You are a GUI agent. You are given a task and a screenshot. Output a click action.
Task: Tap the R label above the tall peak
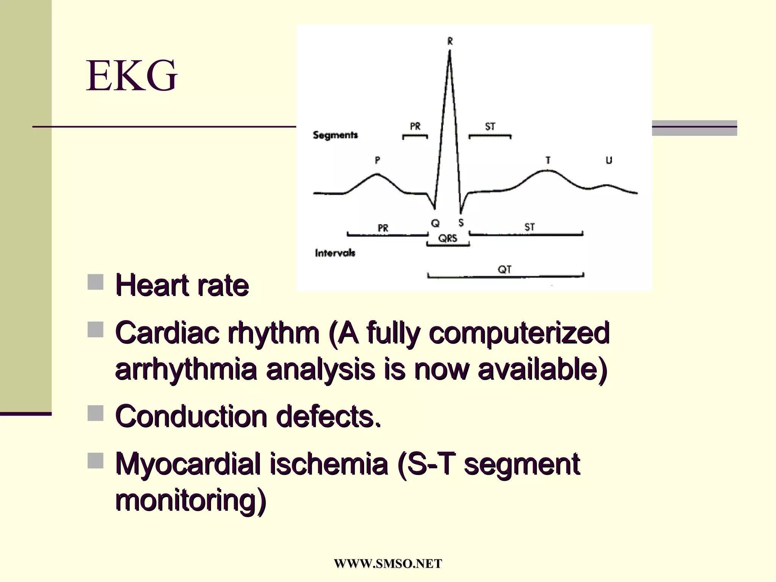[x=450, y=41]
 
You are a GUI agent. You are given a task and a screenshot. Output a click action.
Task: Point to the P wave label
[x=377, y=160]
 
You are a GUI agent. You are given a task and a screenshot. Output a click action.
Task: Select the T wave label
[x=548, y=160]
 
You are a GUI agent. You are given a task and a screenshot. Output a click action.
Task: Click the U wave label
[x=609, y=160]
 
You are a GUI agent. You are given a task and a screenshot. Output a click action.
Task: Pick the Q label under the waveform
[x=435, y=224]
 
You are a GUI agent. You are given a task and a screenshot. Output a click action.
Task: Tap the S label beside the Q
[x=461, y=223]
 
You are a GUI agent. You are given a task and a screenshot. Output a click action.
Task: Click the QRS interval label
[x=448, y=238]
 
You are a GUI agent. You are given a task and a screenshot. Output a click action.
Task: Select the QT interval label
[x=504, y=269]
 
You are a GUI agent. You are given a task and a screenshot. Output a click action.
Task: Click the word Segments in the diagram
[x=335, y=135]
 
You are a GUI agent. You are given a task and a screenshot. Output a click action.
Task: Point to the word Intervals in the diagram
[x=335, y=253]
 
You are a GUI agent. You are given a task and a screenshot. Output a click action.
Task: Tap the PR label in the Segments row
[x=415, y=126]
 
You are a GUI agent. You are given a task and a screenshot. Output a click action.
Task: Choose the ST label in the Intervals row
[x=529, y=227]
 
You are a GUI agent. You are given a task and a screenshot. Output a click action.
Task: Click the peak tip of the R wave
[x=450, y=52]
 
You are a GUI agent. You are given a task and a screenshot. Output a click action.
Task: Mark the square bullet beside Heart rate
[x=95, y=282]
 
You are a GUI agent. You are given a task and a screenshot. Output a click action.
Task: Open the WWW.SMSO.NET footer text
[x=388, y=563]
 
